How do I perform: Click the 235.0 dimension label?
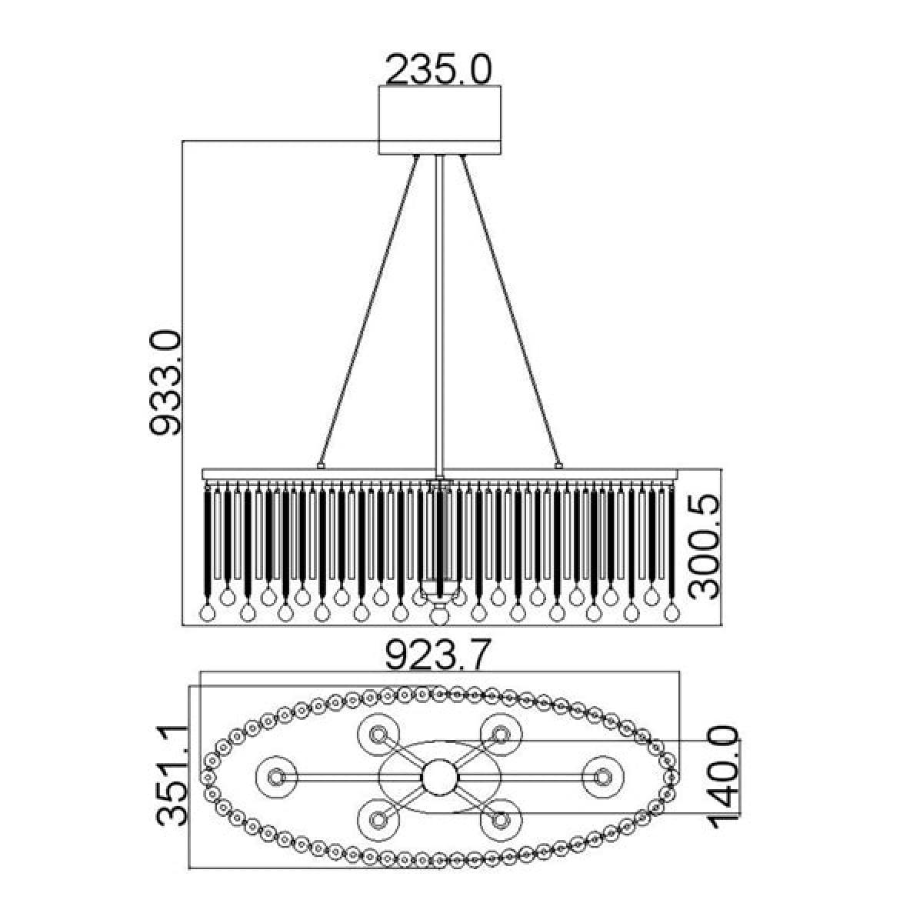point(438,70)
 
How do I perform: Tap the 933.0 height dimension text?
point(165,382)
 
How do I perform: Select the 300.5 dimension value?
point(704,546)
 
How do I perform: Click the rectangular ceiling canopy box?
point(439,120)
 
